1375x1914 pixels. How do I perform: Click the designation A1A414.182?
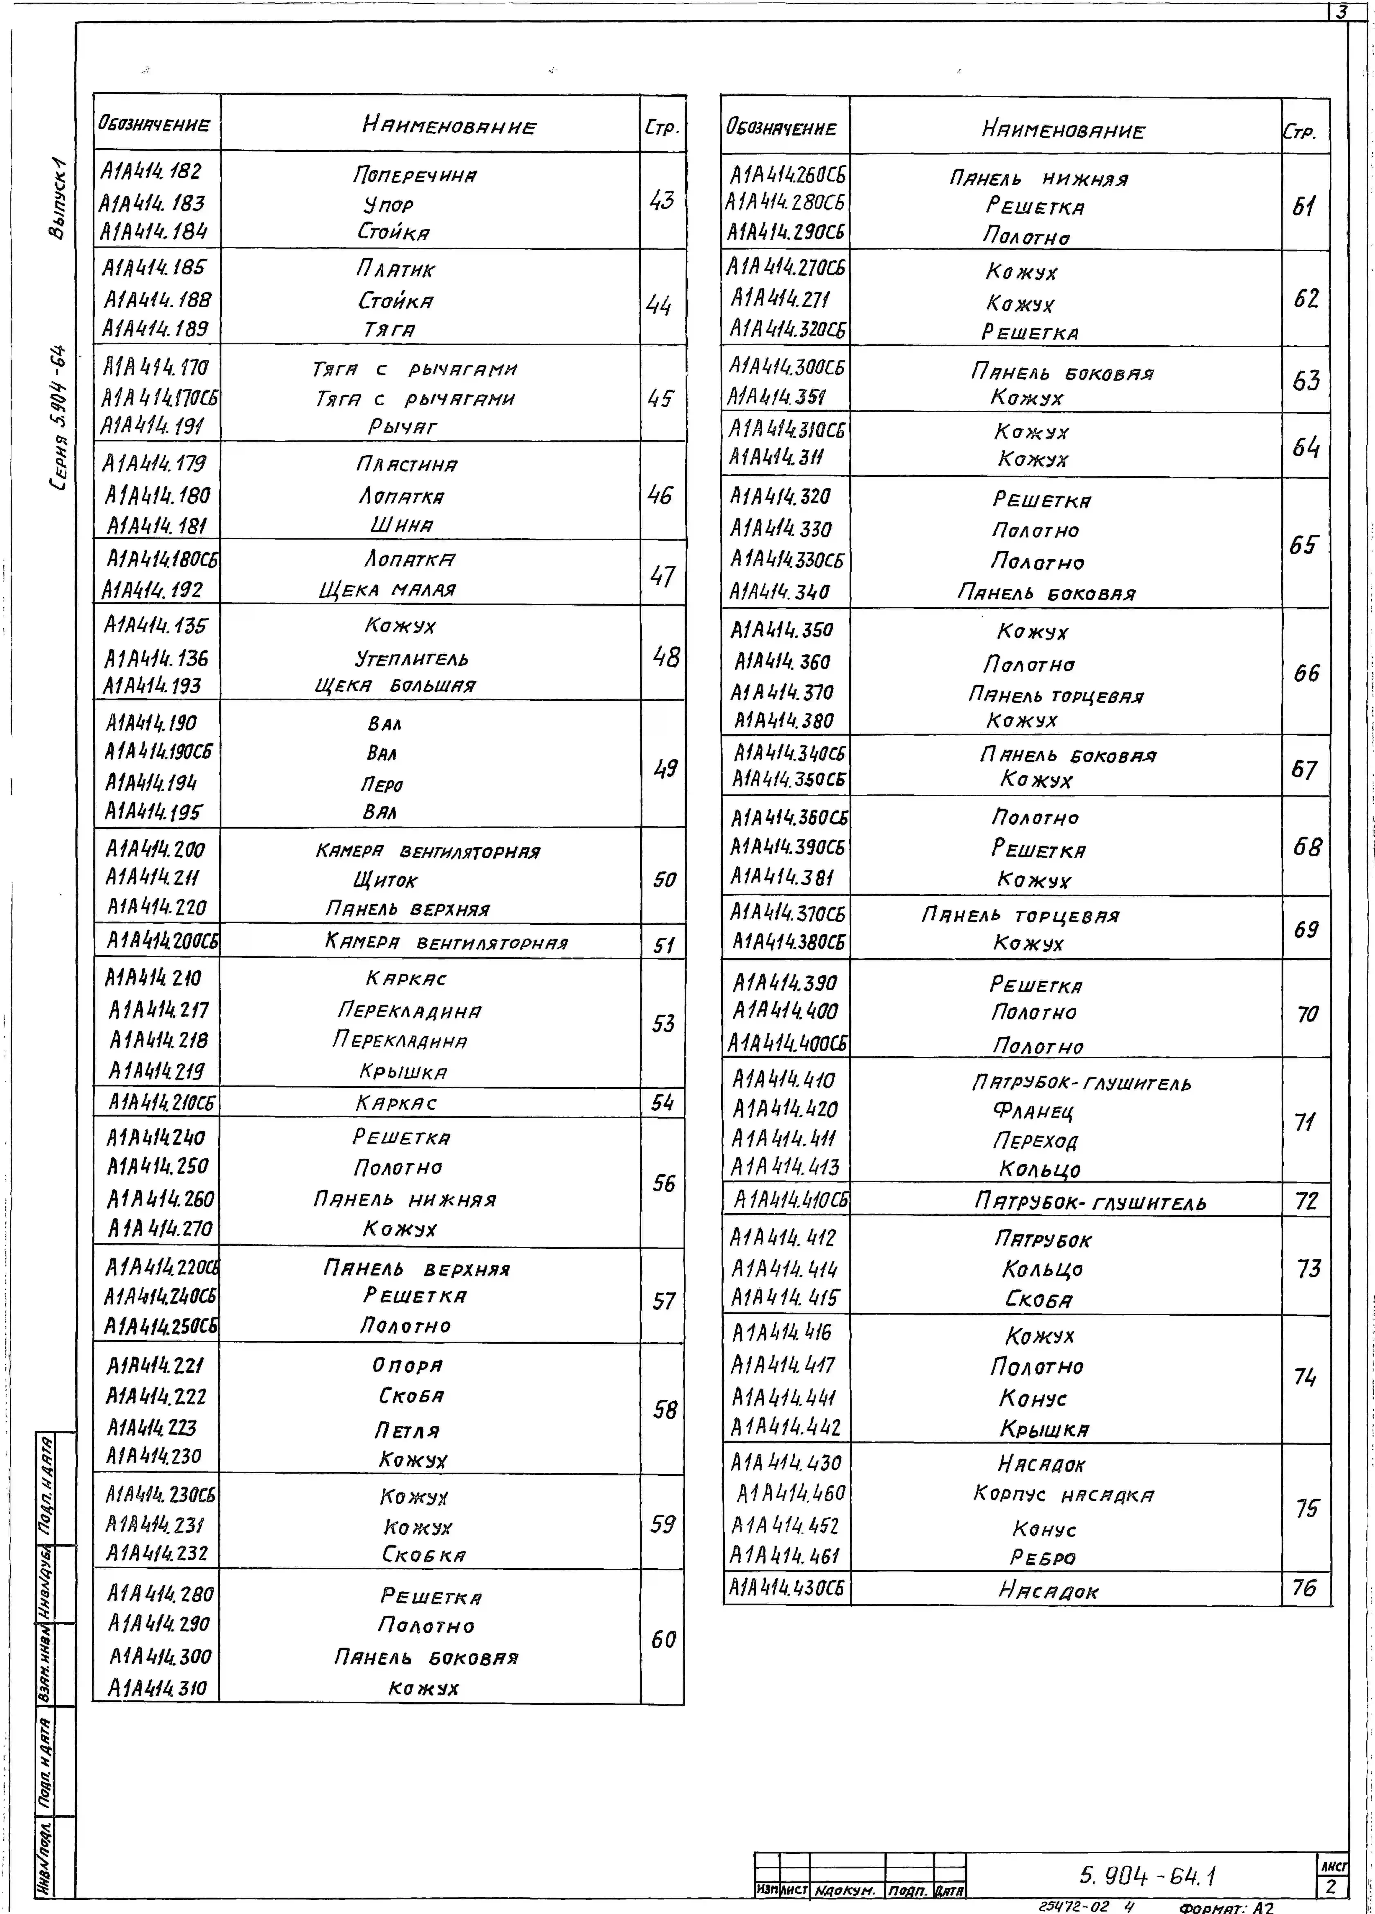tap(151, 172)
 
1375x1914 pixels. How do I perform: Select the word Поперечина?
tap(414, 176)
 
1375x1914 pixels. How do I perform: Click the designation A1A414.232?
tap(157, 1553)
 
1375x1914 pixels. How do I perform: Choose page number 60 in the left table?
tap(663, 1640)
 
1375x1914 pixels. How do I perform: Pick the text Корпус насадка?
tap(1064, 1494)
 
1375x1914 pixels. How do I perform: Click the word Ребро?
tap(1043, 1558)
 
